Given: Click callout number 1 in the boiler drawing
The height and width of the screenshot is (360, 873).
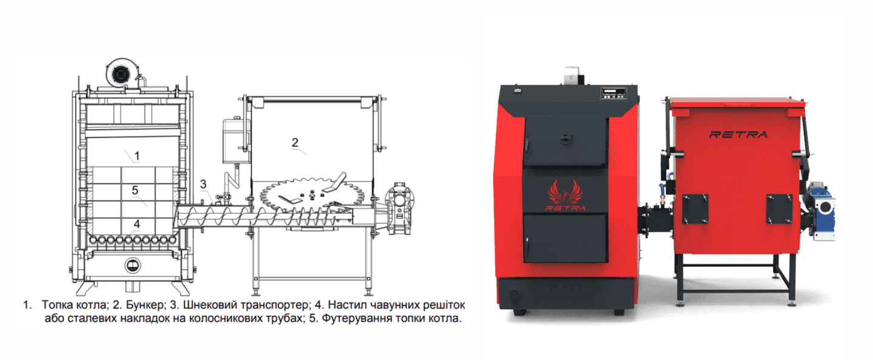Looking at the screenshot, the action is [x=137, y=156].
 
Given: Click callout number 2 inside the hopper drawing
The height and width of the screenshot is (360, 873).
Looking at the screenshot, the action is [x=295, y=142].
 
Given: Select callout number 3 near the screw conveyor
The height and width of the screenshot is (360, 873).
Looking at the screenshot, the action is [x=203, y=184].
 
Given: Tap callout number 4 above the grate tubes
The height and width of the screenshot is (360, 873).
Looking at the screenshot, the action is [x=137, y=224].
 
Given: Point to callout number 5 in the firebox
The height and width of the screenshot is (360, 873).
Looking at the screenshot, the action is [x=135, y=190].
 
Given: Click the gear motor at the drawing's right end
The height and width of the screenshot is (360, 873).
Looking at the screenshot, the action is [x=400, y=208].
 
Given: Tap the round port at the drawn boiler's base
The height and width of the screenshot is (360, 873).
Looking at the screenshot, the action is [x=133, y=265].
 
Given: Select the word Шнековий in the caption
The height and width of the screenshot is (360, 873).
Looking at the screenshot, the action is [x=209, y=304].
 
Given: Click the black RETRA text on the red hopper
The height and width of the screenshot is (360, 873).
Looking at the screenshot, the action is [x=738, y=135].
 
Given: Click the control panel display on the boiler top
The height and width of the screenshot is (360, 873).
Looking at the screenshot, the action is [x=614, y=93].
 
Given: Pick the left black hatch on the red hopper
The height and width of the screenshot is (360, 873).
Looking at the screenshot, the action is [x=695, y=209].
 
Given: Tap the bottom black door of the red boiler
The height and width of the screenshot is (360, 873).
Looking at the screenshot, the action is [x=565, y=238].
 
